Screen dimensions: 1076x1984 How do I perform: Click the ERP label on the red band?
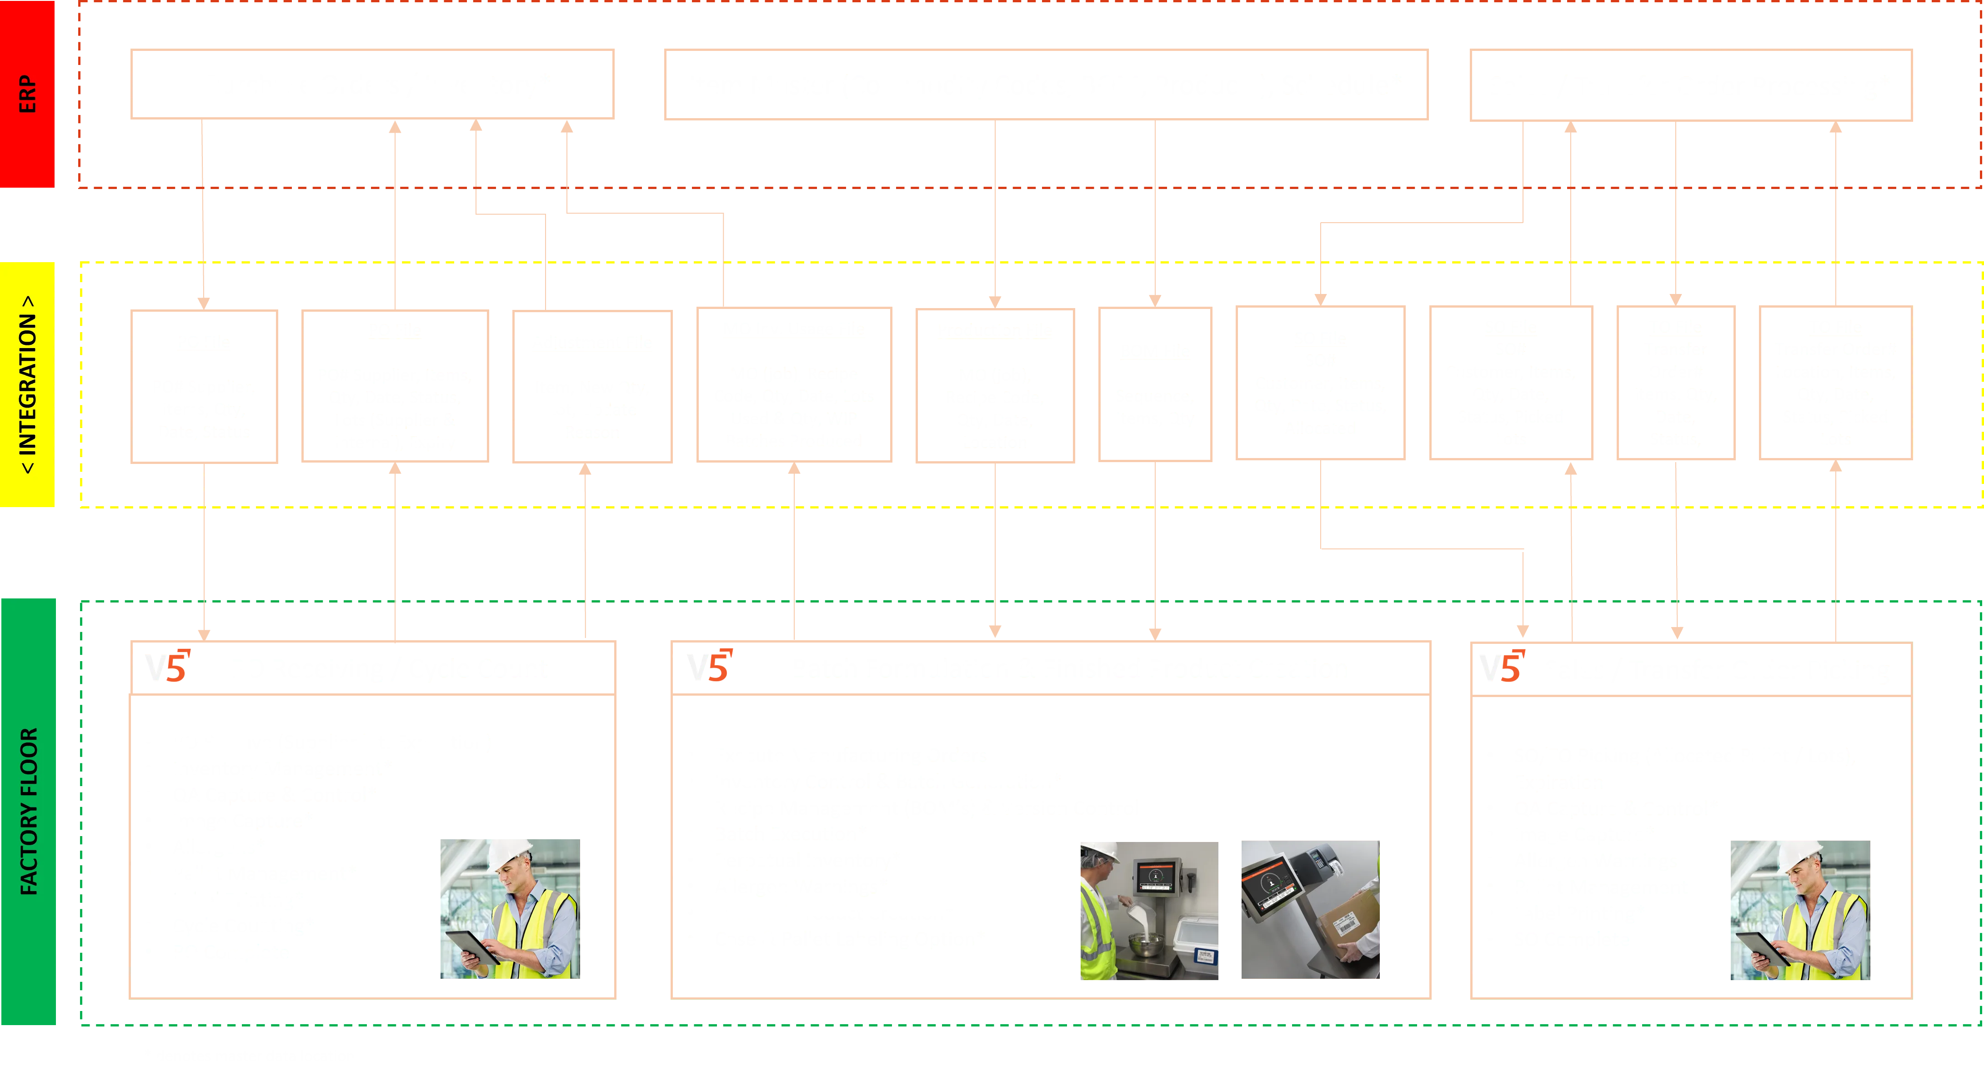(x=27, y=94)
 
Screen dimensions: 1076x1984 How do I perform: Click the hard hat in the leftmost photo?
(x=510, y=853)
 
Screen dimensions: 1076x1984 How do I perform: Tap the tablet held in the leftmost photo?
(x=471, y=946)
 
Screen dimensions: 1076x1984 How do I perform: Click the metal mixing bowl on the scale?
(x=1147, y=945)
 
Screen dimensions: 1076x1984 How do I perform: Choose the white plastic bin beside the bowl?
(x=1195, y=943)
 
